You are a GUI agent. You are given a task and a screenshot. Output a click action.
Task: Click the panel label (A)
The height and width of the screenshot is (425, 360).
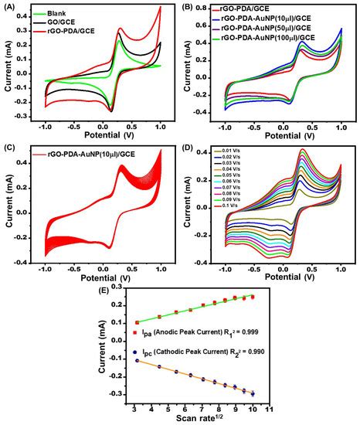(x=11, y=6)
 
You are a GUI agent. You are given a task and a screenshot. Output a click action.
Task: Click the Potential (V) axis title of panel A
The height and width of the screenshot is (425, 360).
(x=102, y=135)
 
